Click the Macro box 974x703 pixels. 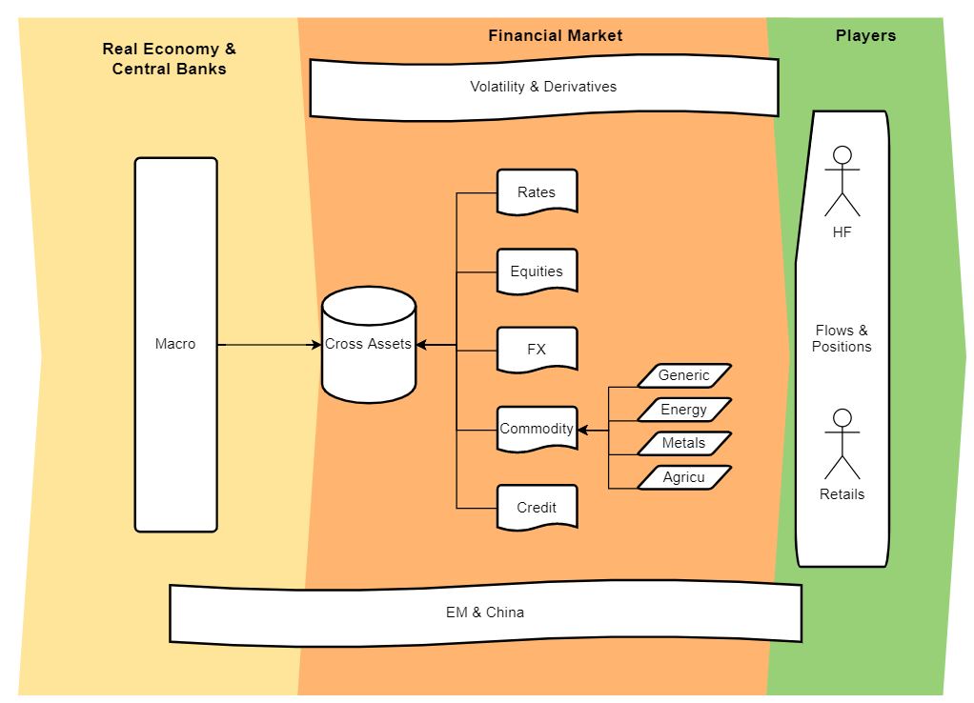175,344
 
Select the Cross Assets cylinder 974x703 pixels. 369,344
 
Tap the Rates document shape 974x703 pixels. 537,191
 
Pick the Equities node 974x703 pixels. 537,271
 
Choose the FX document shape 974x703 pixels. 537,349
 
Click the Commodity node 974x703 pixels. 537,429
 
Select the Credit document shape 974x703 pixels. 537,508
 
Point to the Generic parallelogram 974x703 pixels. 683,375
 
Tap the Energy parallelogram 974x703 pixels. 683,410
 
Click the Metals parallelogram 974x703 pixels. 683,443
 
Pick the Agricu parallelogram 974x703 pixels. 683,477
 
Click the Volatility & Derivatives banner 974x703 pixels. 543,87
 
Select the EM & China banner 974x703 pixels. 485,613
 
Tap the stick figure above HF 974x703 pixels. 842,181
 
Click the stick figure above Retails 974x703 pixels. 842,444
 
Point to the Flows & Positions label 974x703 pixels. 842,339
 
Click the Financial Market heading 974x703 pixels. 555,35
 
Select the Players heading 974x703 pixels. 865,35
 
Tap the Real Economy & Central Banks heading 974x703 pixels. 169,58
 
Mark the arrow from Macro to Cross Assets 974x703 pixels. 270,344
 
